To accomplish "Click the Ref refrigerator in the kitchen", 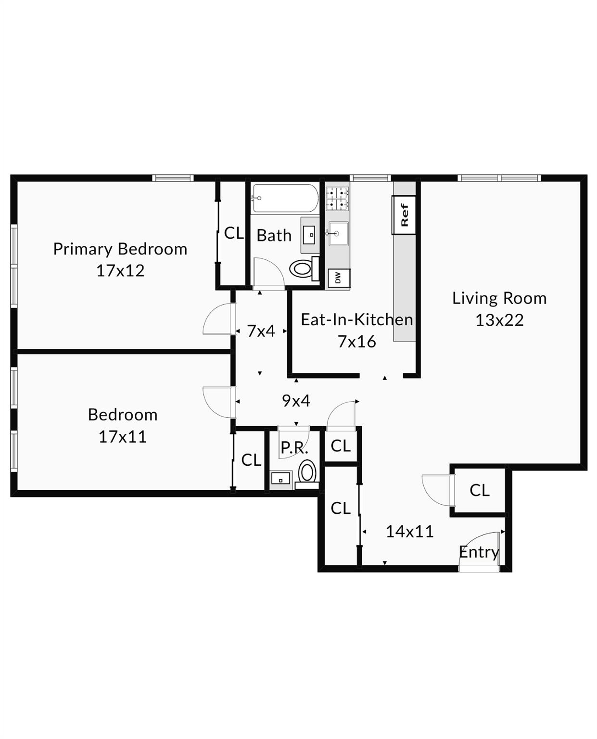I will pos(404,215).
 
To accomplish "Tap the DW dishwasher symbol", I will pos(338,278).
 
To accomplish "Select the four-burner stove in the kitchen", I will pos(337,199).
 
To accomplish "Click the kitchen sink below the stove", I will pos(337,234).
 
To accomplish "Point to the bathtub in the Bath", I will pos(285,198).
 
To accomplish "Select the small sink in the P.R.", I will pos(280,479).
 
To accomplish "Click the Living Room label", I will pos(499,298).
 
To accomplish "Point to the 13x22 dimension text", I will pos(499,320).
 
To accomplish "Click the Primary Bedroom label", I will pos(120,249).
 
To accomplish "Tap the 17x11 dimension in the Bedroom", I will pos(122,437).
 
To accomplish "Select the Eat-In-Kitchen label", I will pos(356,319).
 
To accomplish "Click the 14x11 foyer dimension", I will pos(409,532).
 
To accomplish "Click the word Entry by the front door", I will pos(478,552).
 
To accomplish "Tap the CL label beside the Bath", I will pos(234,233).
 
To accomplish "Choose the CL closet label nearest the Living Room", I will pos(479,490).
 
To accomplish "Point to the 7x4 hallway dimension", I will pos(261,331).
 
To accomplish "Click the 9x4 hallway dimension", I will pos(296,400).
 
